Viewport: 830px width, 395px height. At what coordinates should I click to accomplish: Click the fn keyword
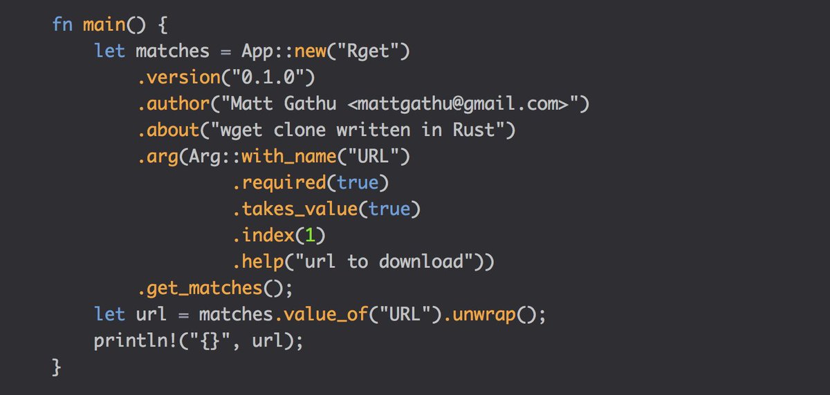pyautogui.click(x=62, y=25)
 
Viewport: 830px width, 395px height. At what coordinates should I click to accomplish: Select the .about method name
pyautogui.click(x=170, y=131)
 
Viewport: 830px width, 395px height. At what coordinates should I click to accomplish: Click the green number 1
pyautogui.click(x=310, y=235)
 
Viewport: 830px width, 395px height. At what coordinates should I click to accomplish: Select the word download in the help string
pyautogui.click(x=428, y=262)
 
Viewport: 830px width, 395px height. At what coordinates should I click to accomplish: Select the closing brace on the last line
pyautogui.click(x=57, y=367)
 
